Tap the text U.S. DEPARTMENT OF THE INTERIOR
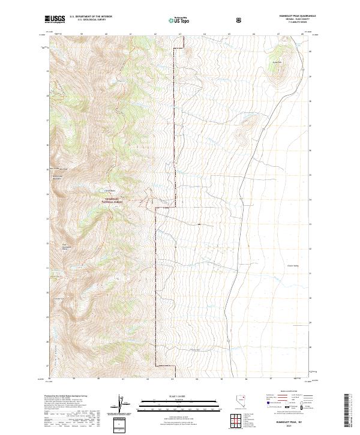pos(91,17)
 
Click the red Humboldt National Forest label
pos(116,201)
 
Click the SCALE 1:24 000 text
pos(179,394)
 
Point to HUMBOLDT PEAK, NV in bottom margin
pos(289,422)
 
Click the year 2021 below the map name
pos(289,426)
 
